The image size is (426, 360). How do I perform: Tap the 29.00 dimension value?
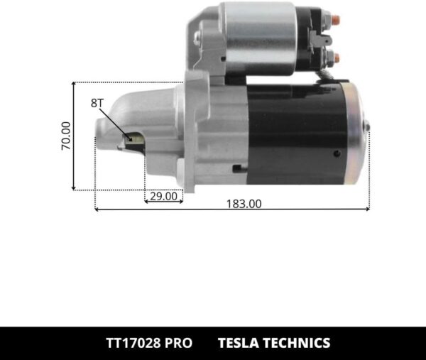163,197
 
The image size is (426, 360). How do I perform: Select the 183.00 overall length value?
244,204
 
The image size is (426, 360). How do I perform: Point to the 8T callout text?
97,103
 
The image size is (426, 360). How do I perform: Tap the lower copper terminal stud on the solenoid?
336,58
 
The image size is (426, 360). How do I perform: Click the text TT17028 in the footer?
124,343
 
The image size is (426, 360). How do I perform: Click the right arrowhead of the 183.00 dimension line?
367,209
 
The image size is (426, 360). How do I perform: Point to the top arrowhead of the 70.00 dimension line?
74,84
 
